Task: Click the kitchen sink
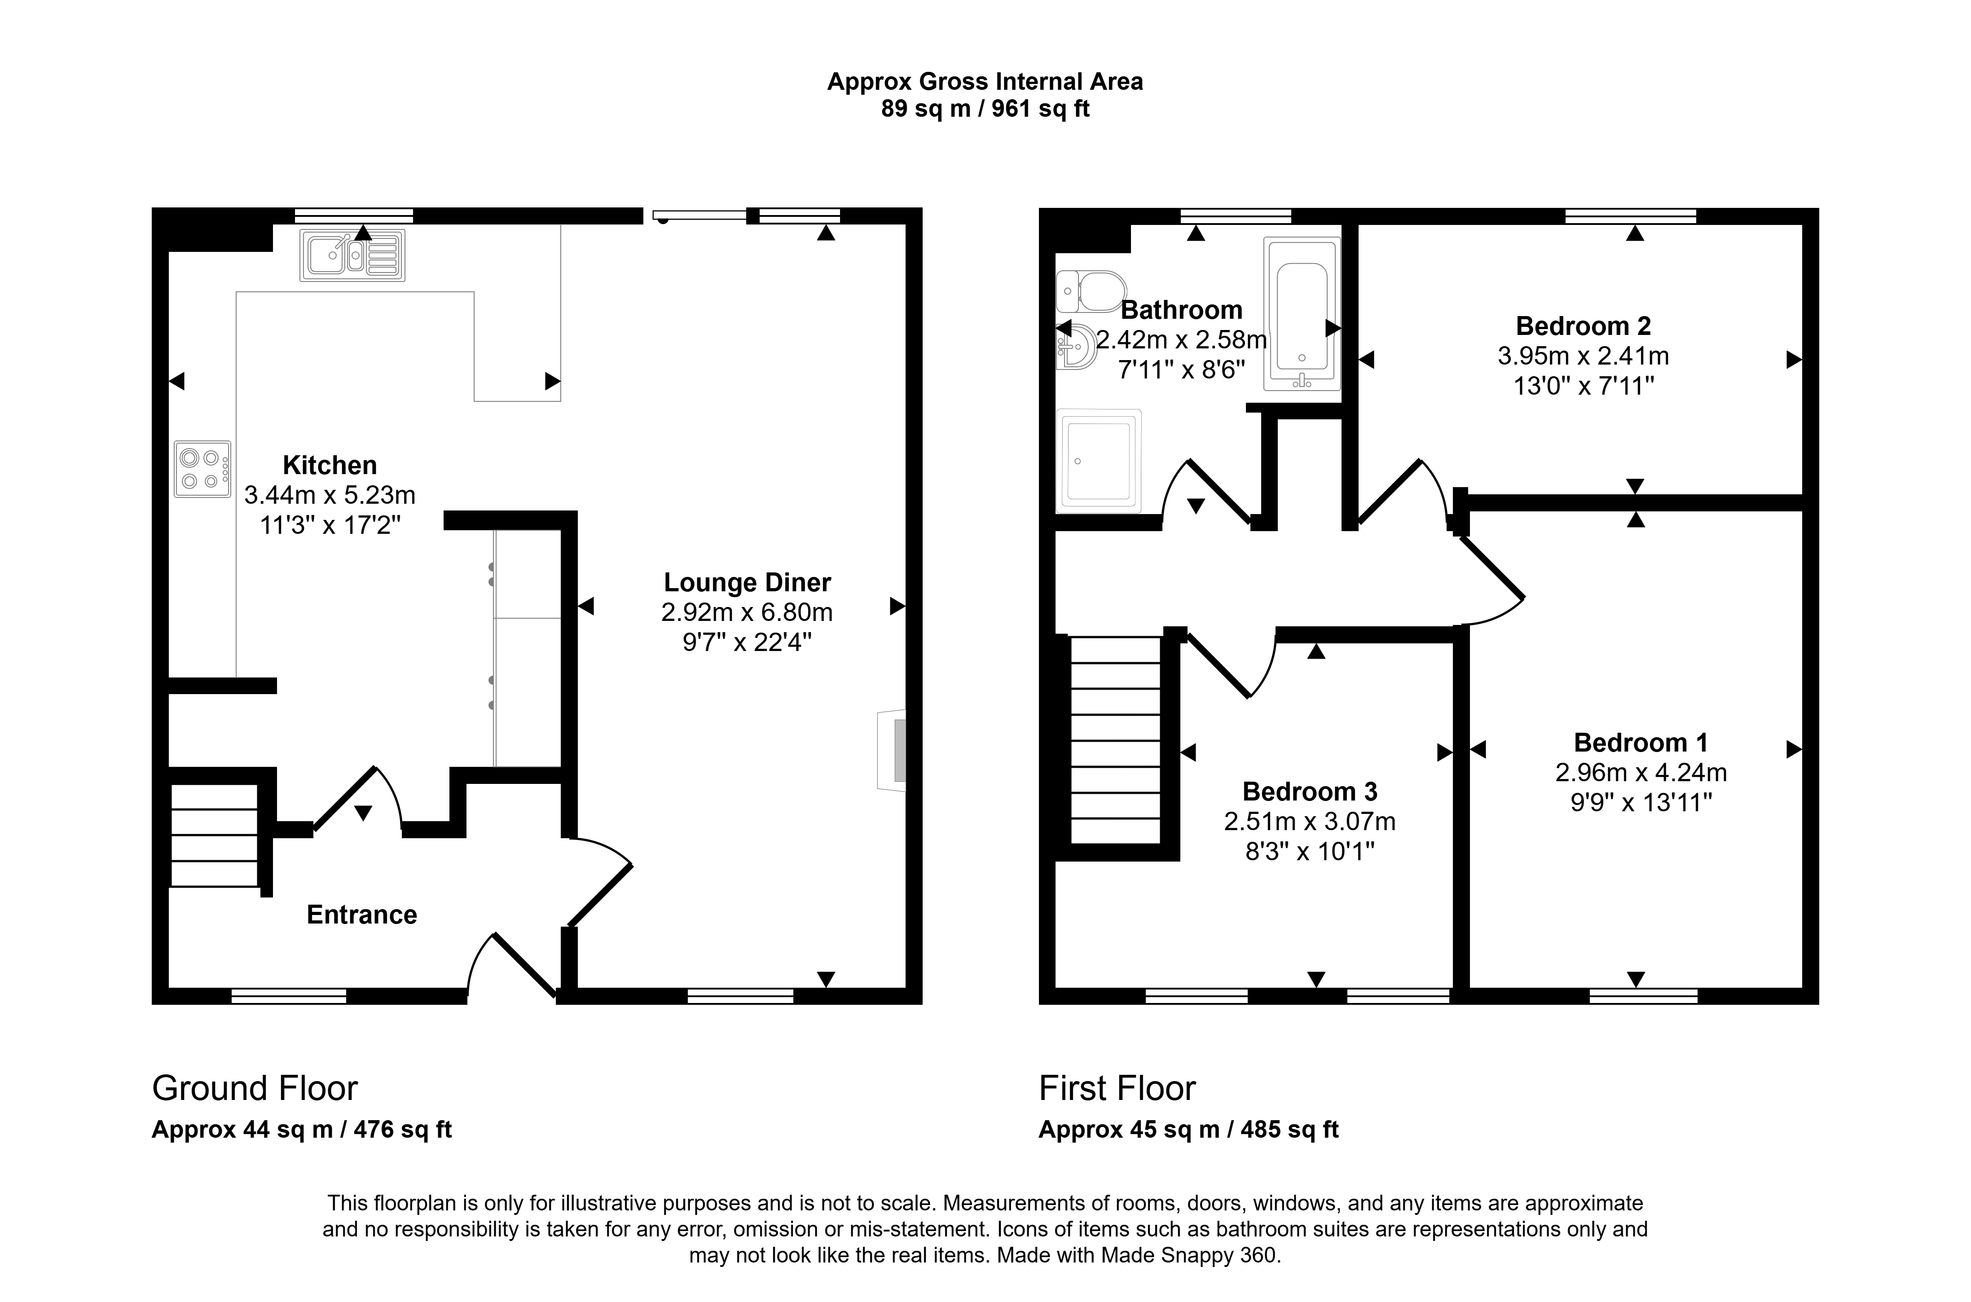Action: (352, 255)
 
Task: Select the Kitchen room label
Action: (330, 465)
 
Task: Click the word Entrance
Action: (362, 915)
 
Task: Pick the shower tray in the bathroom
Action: (1098, 461)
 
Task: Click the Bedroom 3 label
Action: (1309, 792)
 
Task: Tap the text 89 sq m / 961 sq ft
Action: (985, 109)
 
